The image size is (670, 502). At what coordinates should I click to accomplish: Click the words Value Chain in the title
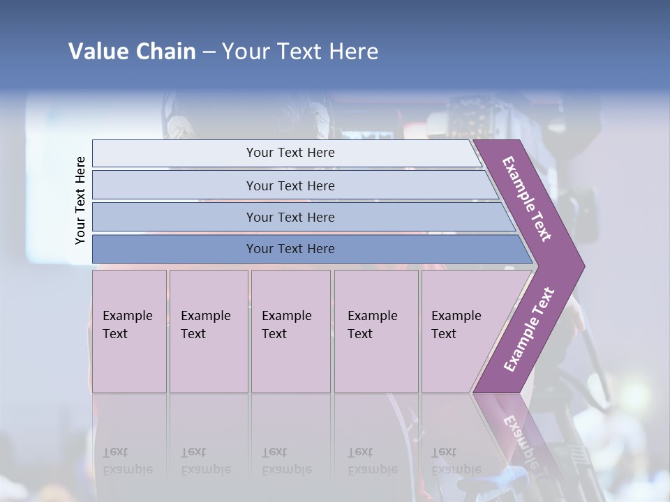pyautogui.click(x=132, y=52)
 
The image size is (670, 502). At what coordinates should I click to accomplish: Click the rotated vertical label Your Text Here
pyautogui.click(x=80, y=200)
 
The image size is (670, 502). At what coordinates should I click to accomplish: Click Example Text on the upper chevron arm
pyautogui.click(x=528, y=198)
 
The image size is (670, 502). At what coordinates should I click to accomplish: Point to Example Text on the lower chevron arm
pyautogui.click(x=529, y=329)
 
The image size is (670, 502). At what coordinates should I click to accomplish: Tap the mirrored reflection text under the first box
pyautogui.click(x=127, y=461)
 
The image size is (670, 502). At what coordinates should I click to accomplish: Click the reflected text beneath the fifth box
pyautogui.click(x=456, y=461)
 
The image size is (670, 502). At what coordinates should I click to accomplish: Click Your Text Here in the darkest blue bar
pyautogui.click(x=290, y=249)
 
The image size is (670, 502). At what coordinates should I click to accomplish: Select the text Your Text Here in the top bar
pyautogui.click(x=290, y=153)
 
